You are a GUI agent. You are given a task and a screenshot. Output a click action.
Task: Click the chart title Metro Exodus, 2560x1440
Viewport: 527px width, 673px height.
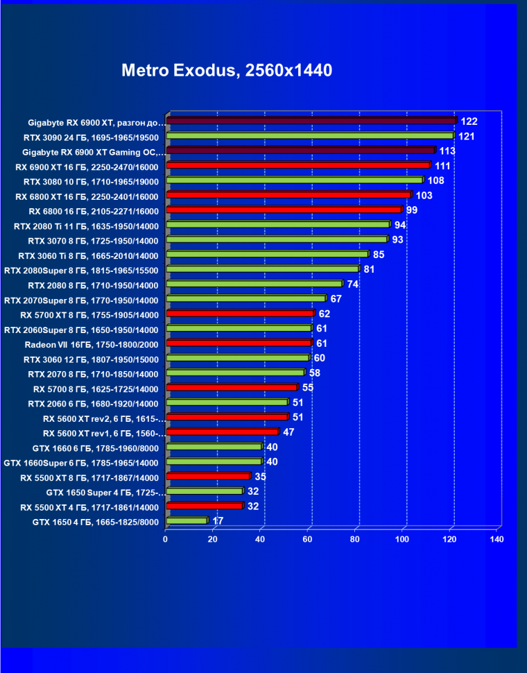click(227, 70)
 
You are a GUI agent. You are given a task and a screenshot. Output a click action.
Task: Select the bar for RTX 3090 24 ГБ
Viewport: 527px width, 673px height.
click(310, 136)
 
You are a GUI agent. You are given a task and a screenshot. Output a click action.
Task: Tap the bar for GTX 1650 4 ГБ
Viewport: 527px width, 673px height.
click(187, 520)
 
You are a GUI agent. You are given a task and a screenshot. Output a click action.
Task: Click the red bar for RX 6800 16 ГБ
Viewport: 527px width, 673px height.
click(284, 210)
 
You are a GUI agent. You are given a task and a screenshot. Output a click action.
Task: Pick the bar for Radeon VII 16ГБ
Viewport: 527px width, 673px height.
click(239, 343)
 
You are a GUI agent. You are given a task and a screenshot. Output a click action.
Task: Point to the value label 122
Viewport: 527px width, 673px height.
click(469, 121)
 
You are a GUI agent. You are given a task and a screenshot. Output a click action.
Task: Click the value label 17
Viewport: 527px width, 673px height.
click(218, 520)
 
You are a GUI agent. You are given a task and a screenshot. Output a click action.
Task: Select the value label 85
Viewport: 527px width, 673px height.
click(379, 255)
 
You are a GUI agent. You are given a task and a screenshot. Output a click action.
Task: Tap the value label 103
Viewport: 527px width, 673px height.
click(424, 196)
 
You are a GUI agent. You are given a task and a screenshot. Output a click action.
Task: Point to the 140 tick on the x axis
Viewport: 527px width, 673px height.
click(496, 539)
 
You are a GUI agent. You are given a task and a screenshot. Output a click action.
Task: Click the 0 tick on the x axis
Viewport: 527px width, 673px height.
click(166, 539)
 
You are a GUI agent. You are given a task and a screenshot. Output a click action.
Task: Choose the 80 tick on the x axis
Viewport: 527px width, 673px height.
click(355, 539)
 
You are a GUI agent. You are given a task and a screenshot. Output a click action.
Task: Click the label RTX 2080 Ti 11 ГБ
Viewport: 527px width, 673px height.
click(86, 226)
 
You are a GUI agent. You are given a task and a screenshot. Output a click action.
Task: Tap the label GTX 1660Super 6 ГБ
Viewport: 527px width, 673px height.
click(81, 463)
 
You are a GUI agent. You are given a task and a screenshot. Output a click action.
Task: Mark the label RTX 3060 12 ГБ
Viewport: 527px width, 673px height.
click(91, 359)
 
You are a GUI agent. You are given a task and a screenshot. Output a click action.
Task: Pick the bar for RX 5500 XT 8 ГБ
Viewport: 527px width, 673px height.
click(208, 476)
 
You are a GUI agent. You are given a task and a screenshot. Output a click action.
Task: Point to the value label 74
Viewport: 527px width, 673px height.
click(353, 284)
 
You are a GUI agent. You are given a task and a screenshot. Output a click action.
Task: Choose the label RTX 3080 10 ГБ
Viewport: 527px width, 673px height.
click(91, 182)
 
